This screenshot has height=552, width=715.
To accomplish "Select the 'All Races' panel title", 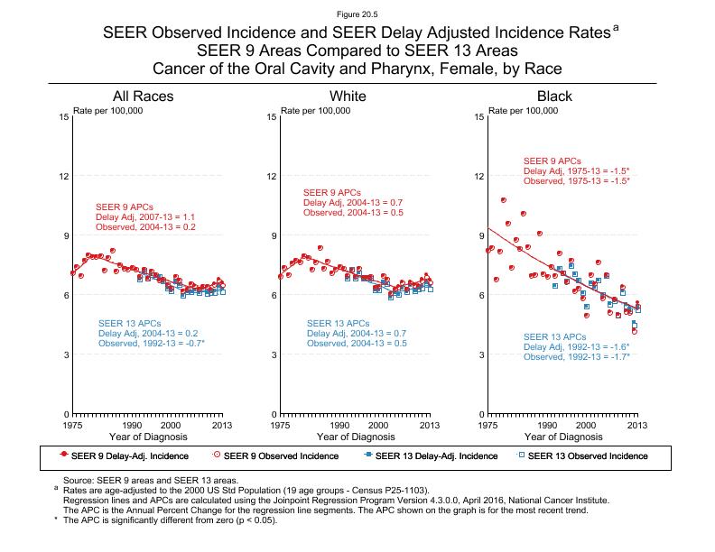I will tap(143, 97).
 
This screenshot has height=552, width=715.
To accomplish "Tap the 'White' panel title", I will tap(348, 97).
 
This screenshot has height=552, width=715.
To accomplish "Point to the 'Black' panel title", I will tap(554, 97).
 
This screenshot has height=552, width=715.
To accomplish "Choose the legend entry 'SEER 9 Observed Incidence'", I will tap(282, 456).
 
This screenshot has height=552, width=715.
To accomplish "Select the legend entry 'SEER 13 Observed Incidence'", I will tap(588, 456).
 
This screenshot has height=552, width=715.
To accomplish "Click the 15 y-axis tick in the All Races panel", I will tap(64, 117).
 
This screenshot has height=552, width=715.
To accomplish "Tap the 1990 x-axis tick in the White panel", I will tap(339, 425).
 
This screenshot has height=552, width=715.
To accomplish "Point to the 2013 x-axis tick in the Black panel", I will tap(637, 425).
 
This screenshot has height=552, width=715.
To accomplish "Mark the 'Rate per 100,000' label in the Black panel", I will tap(522, 110).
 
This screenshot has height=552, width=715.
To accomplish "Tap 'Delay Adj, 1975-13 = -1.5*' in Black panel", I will tap(576, 171).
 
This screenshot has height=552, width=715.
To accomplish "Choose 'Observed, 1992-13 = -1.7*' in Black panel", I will tap(576, 357).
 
